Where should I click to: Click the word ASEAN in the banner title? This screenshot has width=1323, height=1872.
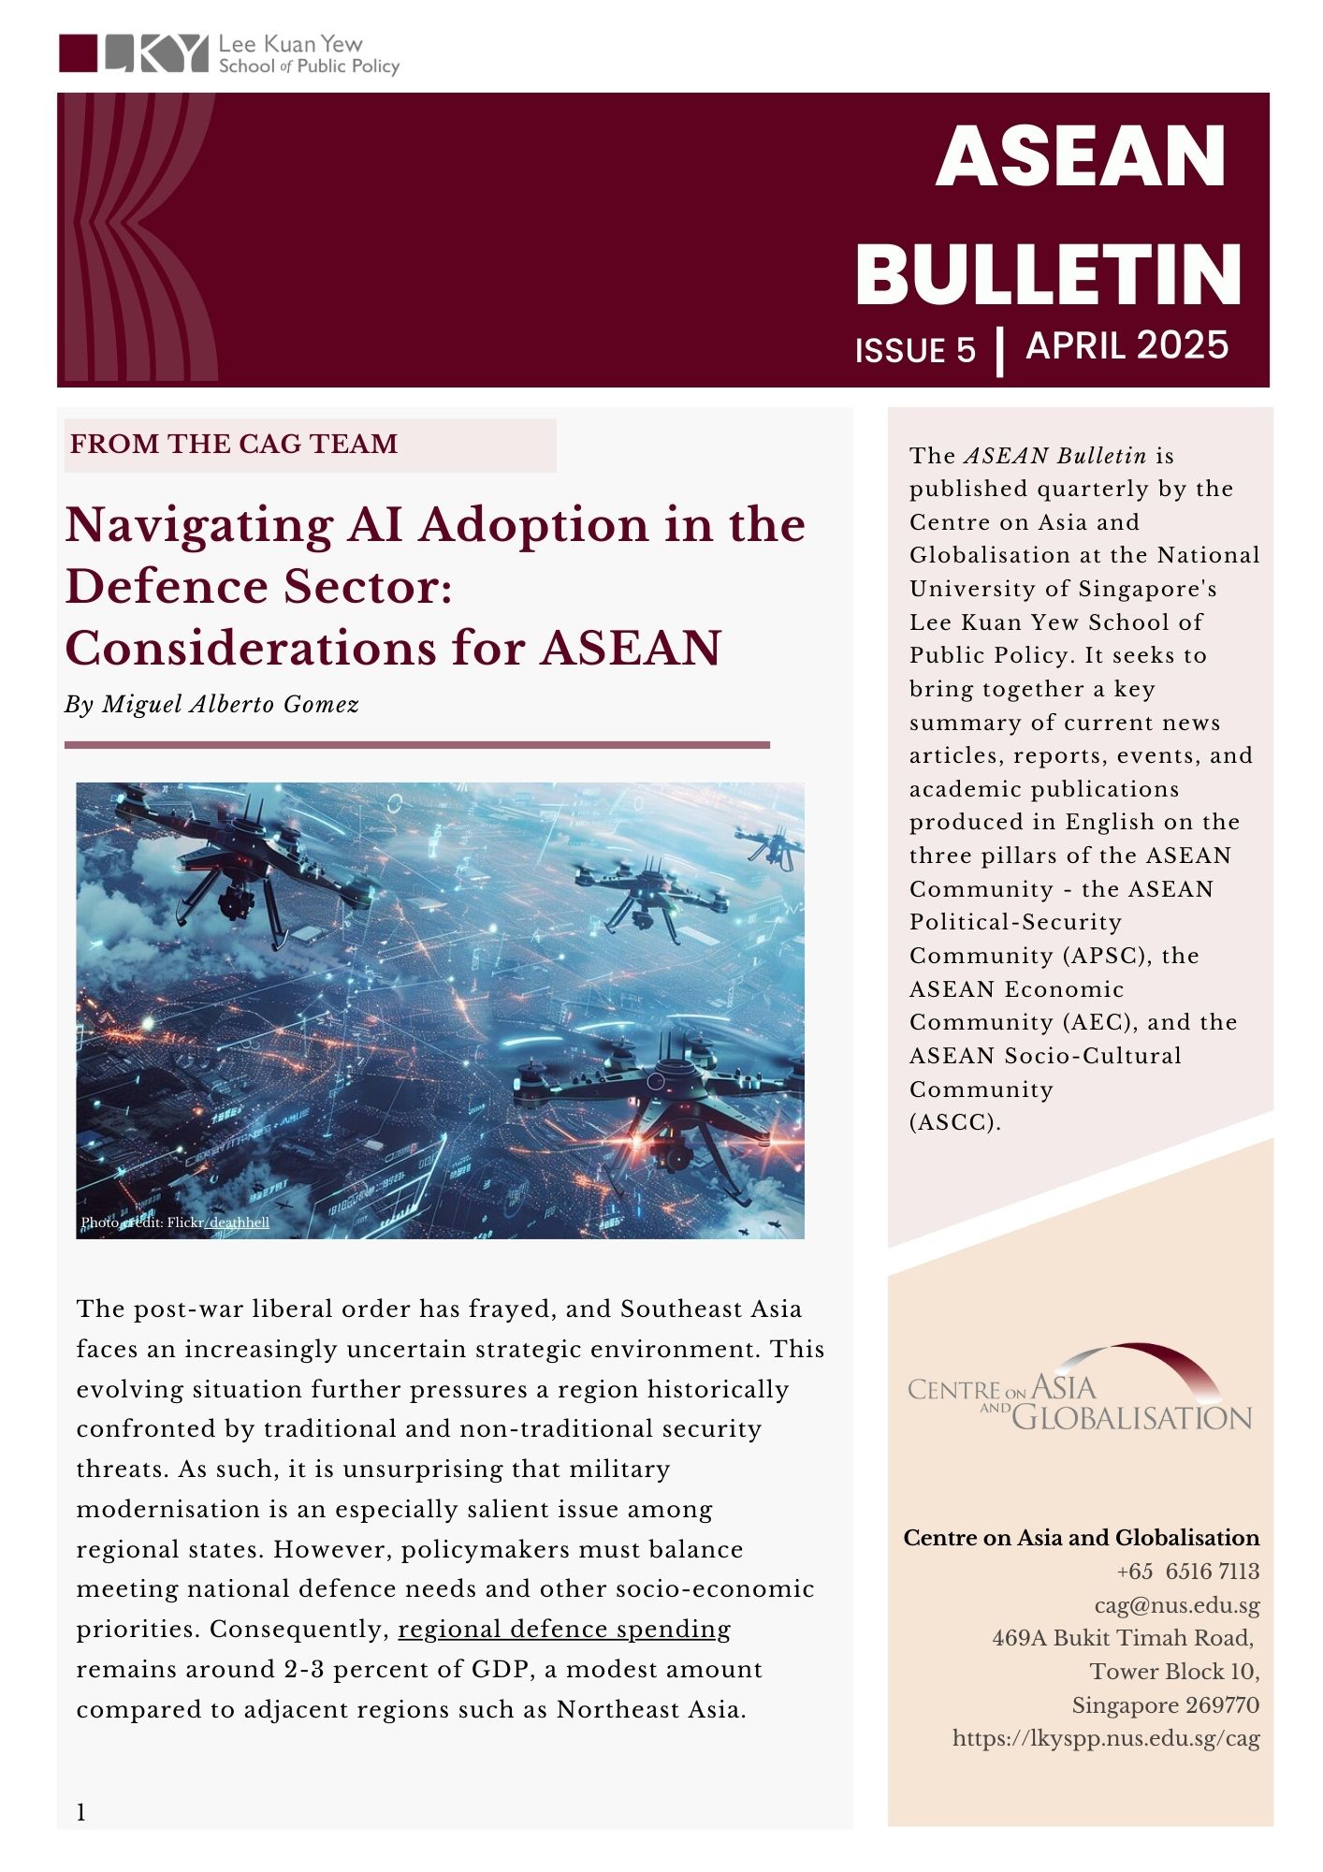[1081, 156]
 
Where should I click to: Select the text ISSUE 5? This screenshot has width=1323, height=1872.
[914, 350]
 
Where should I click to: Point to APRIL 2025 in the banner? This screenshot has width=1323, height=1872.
[1127, 345]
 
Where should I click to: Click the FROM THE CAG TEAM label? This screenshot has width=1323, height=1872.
[234, 444]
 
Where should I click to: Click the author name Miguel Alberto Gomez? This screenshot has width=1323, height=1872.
[230, 704]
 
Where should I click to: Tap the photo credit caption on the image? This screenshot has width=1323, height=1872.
[175, 1222]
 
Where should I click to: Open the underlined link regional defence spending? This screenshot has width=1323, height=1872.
[564, 1630]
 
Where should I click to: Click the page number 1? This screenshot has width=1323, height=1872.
[81, 1813]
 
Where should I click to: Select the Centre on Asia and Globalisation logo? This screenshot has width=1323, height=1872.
[1079, 1389]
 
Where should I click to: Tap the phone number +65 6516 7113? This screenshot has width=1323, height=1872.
[1187, 1572]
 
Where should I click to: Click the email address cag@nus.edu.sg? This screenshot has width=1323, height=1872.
[1177, 1605]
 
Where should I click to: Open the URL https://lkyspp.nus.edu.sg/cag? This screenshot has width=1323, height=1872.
[1106, 1738]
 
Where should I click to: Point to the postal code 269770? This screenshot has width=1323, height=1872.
[1222, 1704]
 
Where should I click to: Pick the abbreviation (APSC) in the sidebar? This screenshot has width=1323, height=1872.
[1104, 956]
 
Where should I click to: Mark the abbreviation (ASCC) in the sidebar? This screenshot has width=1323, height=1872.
[954, 1122]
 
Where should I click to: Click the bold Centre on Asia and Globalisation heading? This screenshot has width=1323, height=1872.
[1081, 1538]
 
